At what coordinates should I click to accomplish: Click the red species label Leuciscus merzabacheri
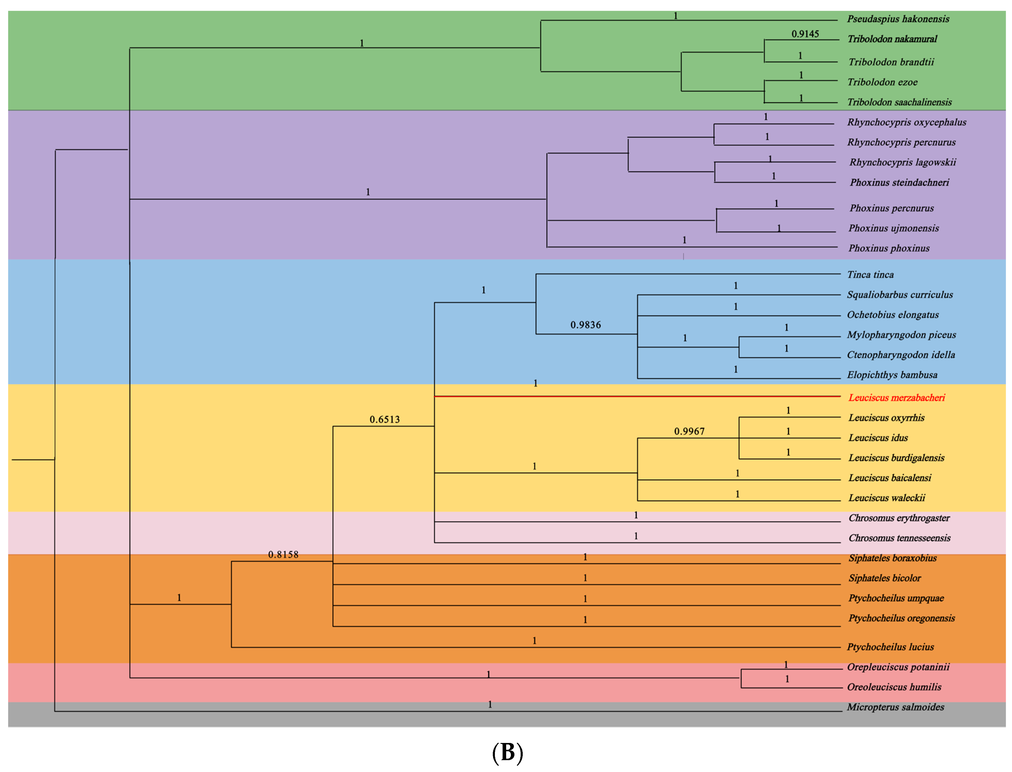tap(896, 398)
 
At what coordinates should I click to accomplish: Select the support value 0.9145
tap(805, 34)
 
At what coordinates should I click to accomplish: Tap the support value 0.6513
tap(384, 419)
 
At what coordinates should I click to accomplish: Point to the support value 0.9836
tap(585, 325)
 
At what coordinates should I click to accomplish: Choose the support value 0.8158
tap(283, 555)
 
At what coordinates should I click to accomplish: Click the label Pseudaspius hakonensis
tap(898, 19)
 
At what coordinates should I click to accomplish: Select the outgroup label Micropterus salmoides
tap(895, 707)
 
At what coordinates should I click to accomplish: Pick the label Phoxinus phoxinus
tap(888, 248)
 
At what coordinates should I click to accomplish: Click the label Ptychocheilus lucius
tap(890, 647)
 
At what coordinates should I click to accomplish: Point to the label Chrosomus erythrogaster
tap(899, 518)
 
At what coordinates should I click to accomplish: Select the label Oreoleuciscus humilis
tap(894, 687)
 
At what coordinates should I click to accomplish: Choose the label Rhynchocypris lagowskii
tap(902, 162)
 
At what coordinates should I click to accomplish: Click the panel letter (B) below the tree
tap(507, 752)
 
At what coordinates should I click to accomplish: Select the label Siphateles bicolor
tap(884, 578)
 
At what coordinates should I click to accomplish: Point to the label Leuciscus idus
tap(878, 438)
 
